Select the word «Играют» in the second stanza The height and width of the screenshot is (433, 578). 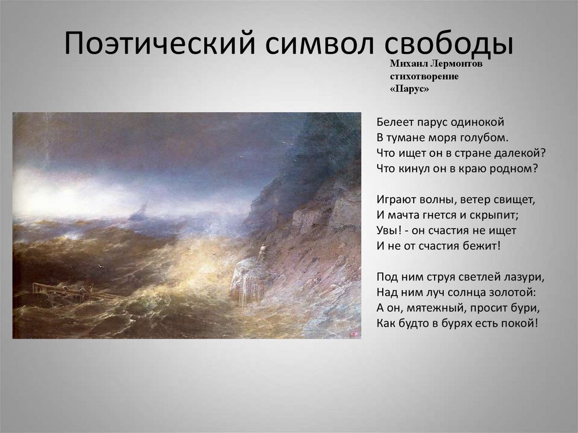point(393,200)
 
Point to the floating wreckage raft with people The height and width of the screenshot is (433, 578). point(62,290)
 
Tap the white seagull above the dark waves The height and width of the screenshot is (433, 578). point(101,265)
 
